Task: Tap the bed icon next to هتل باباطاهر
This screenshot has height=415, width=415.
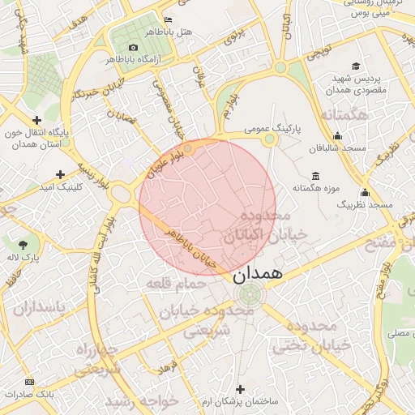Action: (168, 19)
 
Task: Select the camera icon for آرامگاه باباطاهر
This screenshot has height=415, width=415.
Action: (134, 47)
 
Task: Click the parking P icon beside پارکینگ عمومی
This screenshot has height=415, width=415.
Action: (270, 140)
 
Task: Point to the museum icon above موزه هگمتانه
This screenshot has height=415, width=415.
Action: (315, 176)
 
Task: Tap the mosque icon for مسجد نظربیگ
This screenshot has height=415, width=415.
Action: (365, 193)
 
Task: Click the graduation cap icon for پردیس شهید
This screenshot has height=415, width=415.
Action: (355, 66)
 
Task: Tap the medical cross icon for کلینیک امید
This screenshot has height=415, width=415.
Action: (60, 174)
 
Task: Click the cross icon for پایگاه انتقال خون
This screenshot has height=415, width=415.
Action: (36, 119)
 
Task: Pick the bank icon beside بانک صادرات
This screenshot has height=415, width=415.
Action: (30, 382)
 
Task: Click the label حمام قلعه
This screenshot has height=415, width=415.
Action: (173, 284)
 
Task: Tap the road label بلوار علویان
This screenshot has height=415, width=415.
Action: (165, 162)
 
